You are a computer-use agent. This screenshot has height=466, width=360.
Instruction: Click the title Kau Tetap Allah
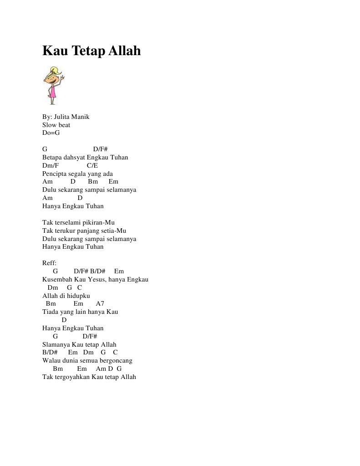click(91, 51)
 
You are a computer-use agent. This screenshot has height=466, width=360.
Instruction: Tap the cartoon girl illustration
click(53, 86)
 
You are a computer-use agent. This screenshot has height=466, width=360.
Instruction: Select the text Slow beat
click(56, 125)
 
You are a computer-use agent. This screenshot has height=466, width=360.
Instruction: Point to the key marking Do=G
click(51, 133)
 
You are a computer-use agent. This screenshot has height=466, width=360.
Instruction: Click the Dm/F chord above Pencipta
click(51, 165)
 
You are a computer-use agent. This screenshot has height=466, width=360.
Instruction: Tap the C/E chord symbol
click(92, 165)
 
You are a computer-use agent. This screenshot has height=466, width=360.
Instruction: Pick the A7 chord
click(100, 303)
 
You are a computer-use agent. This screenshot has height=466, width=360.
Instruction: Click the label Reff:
click(49, 263)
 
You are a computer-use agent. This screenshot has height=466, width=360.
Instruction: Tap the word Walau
click(51, 360)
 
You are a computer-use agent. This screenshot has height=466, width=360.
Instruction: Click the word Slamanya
click(56, 344)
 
